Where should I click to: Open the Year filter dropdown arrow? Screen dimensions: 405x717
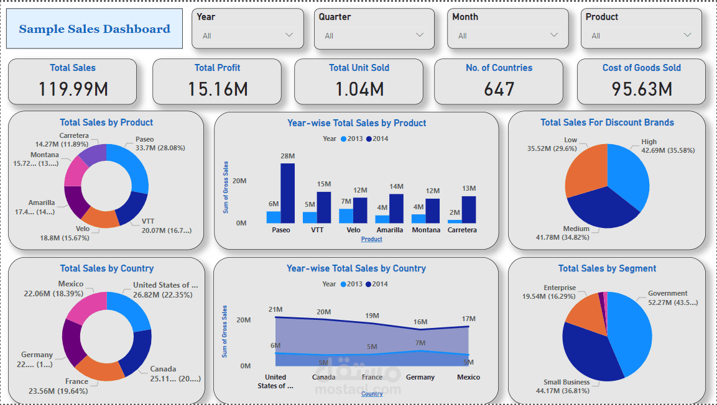click(x=289, y=35)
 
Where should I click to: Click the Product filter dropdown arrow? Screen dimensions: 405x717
click(x=687, y=35)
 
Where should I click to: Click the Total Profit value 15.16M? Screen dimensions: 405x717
click(x=218, y=89)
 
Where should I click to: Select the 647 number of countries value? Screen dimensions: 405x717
click(x=499, y=89)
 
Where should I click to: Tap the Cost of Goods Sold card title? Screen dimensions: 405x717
click(x=641, y=68)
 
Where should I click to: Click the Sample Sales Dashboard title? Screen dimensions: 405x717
click(x=95, y=29)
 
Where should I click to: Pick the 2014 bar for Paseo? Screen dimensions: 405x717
click(x=287, y=193)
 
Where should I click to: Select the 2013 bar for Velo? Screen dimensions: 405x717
click(x=346, y=216)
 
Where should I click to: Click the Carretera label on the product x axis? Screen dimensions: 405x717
click(x=462, y=230)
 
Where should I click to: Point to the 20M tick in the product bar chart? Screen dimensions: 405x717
click(x=239, y=181)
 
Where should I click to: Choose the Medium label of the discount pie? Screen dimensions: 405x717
click(x=576, y=229)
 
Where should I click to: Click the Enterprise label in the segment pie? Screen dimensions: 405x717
click(x=560, y=288)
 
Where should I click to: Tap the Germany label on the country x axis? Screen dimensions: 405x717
click(x=420, y=377)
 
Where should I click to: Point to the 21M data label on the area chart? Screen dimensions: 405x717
click(x=275, y=309)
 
